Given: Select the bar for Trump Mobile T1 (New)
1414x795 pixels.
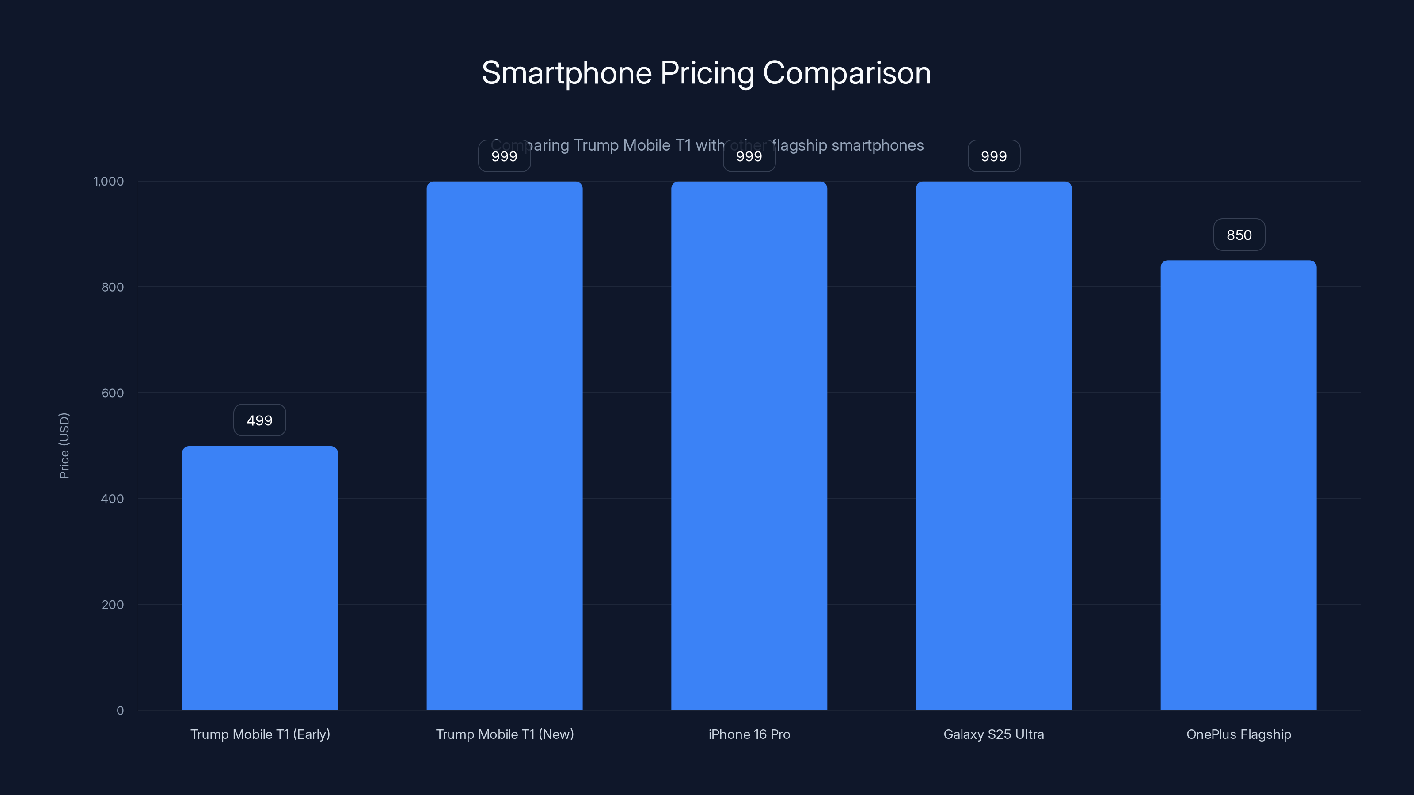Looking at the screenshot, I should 505,446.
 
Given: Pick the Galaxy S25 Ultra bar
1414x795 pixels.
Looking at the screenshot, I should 993,446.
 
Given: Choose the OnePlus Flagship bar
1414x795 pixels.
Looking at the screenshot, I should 1238,485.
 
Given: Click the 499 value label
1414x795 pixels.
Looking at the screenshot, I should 260,420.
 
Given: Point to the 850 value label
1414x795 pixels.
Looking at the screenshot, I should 1239,235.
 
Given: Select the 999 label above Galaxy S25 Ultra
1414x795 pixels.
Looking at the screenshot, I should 993,156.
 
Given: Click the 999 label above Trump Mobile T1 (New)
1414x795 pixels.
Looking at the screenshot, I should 505,156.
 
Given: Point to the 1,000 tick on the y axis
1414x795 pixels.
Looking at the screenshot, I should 109,181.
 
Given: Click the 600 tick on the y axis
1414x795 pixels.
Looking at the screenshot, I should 113,393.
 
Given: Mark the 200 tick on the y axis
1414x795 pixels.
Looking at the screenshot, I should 113,605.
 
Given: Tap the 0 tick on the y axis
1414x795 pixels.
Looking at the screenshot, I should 120,711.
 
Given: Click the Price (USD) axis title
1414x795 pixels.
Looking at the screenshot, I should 64,446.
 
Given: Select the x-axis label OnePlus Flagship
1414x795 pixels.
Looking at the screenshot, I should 1238,734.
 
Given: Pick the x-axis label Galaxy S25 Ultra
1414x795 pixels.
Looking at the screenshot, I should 993,734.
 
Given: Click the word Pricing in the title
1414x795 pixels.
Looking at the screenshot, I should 707,73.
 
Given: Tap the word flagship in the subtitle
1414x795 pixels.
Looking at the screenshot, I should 800,145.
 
